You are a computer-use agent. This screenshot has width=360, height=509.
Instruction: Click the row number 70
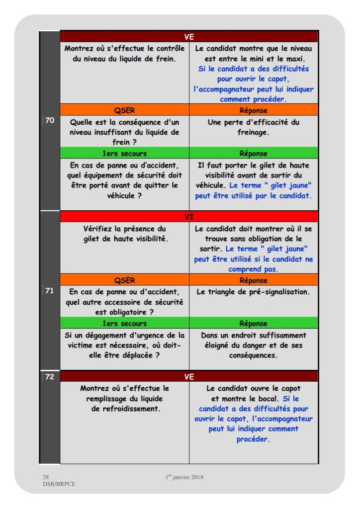[x=49, y=120]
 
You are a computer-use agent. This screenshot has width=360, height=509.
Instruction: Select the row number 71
[x=49, y=291]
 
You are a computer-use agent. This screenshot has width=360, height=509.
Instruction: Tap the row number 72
[x=49, y=376]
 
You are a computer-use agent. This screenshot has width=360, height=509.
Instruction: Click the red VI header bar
[x=189, y=217]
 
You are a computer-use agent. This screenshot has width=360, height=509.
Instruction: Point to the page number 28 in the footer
[x=46, y=477]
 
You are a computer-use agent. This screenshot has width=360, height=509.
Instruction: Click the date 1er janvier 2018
[x=184, y=477]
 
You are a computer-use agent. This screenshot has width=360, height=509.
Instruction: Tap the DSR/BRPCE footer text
[x=59, y=484]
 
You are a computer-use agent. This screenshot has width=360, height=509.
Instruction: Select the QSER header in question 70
[x=124, y=110]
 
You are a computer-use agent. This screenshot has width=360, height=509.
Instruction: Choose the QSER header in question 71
[x=124, y=280]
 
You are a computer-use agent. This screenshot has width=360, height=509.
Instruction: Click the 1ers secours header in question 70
[x=124, y=153]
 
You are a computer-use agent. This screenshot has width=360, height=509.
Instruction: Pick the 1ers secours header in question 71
[x=124, y=323]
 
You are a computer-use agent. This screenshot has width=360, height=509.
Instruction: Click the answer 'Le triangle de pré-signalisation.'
[x=253, y=292]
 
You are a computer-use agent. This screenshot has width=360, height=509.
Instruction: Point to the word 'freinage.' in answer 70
[x=253, y=132]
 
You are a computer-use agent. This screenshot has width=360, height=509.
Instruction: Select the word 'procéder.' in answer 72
[x=253, y=439]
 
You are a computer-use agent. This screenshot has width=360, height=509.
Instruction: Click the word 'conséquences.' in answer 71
[x=253, y=355]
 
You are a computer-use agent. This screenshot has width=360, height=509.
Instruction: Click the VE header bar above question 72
[x=189, y=377]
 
